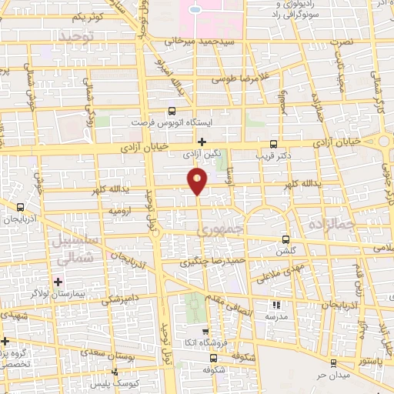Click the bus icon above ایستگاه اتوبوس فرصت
pos(171,111)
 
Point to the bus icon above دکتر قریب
pos(273,143)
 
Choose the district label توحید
pos(78,35)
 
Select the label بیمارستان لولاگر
pos(68,295)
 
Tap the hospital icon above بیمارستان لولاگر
pos(58,282)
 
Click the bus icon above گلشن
pos(286,239)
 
